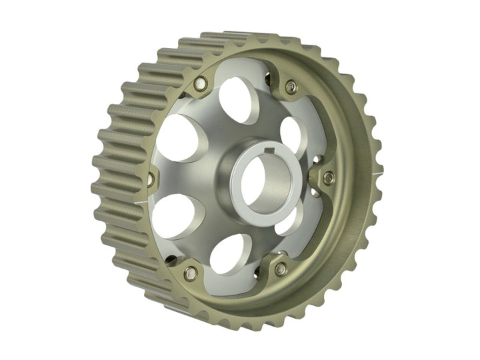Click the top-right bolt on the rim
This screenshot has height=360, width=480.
pyautogui.click(x=290, y=86)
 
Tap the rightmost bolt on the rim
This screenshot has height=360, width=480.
pyautogui.click(x=328, y=177)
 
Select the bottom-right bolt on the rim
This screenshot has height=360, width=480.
pyautogui.click(x=281, y=269)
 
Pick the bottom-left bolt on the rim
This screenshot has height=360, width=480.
pyautogui.click(x=191, y=271)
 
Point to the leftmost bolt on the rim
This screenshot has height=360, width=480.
pyautogui.click(x=150, y=178)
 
